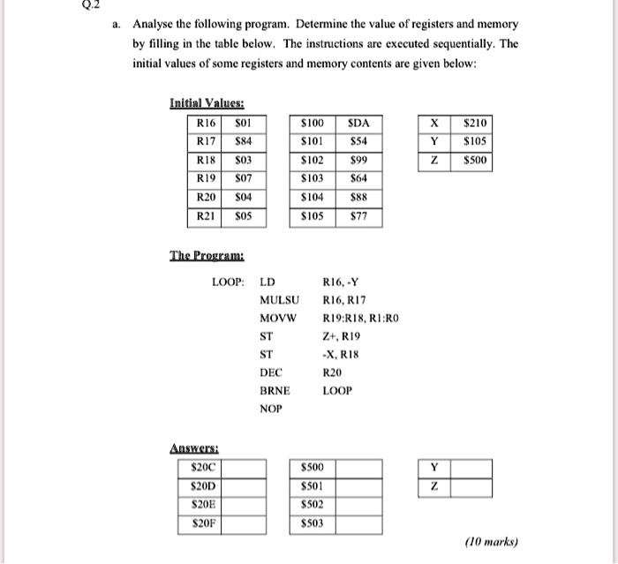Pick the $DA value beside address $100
(x=358, y=124)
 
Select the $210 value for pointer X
(x=471, y=124)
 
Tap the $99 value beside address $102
(x=358, y=161)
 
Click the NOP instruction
(x=270, y=409)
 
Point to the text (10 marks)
(x=496, y=541)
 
